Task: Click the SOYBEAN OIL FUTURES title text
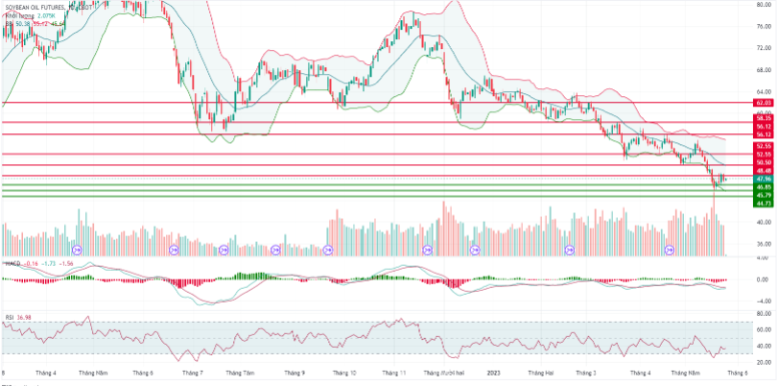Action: pos(42,7)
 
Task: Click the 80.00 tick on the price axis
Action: pos(764,4)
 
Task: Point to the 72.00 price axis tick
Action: pos(764,47)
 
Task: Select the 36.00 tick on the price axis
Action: pos(764,244)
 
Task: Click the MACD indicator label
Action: pos(12,262)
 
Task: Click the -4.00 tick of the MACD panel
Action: pos(764,300)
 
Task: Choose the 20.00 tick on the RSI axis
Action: pos(764,362)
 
